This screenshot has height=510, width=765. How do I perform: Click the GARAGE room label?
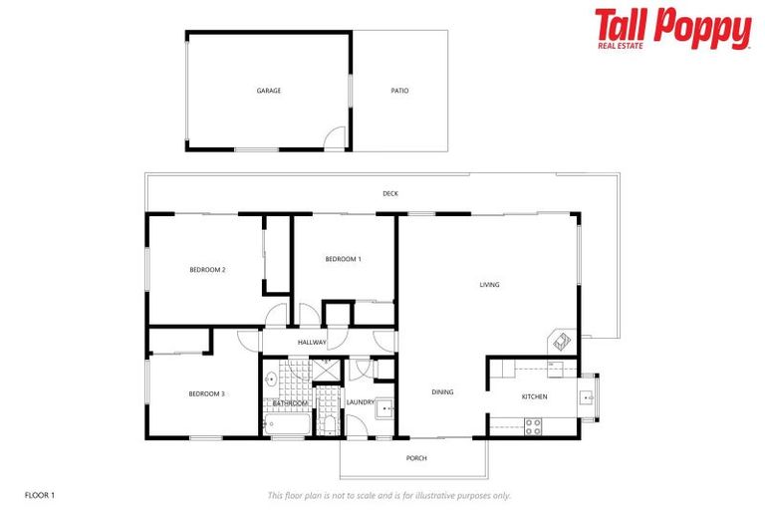point(268,91)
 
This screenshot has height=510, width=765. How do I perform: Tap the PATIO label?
point(399,91)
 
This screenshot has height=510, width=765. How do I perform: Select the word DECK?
point(389,193)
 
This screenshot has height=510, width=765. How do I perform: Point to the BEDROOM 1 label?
point(343,259)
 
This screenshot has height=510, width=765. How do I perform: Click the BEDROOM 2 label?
point(208,270)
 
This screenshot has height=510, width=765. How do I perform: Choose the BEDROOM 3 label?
point(207,393)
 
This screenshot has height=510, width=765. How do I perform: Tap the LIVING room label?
point(489,285)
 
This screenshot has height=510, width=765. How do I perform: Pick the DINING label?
point(442,392)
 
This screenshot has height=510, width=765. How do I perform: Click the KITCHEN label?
point(535,396)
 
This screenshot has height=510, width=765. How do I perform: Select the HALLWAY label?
point(312,343)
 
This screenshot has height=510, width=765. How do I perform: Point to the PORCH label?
point(415,458)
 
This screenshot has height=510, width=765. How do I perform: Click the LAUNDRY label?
point(360,402)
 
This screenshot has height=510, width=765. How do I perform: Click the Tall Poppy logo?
point(672,29)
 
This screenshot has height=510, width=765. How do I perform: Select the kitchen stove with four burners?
point(533,425)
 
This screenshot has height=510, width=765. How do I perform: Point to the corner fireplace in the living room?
point(562,341)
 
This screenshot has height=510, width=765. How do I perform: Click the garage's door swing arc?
point(336,138)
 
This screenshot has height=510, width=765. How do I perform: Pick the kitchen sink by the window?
point(589,396)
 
